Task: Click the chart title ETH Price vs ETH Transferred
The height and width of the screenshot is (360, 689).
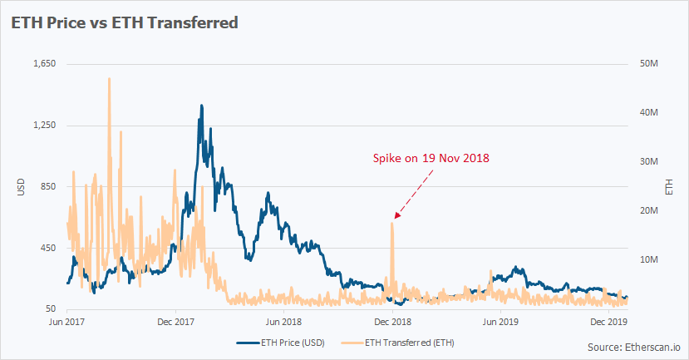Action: (x=124, y=23)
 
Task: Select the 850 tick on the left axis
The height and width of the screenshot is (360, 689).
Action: (x=47, y=187)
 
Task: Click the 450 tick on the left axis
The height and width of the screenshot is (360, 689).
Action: (x=47, y=249)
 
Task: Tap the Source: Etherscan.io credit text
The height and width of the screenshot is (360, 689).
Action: (x=633, y=346)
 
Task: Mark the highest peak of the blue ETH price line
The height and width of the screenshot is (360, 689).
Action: (x=201, y=106)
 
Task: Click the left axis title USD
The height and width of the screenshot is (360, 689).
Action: (x=21, y=187)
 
